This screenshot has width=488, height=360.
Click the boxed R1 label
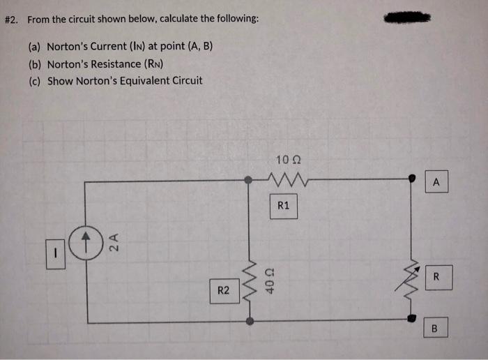[283, 206]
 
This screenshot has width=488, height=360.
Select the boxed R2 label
[222, 290]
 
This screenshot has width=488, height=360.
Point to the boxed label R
[436, 278]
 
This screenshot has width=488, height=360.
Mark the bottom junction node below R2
[249, 322]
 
